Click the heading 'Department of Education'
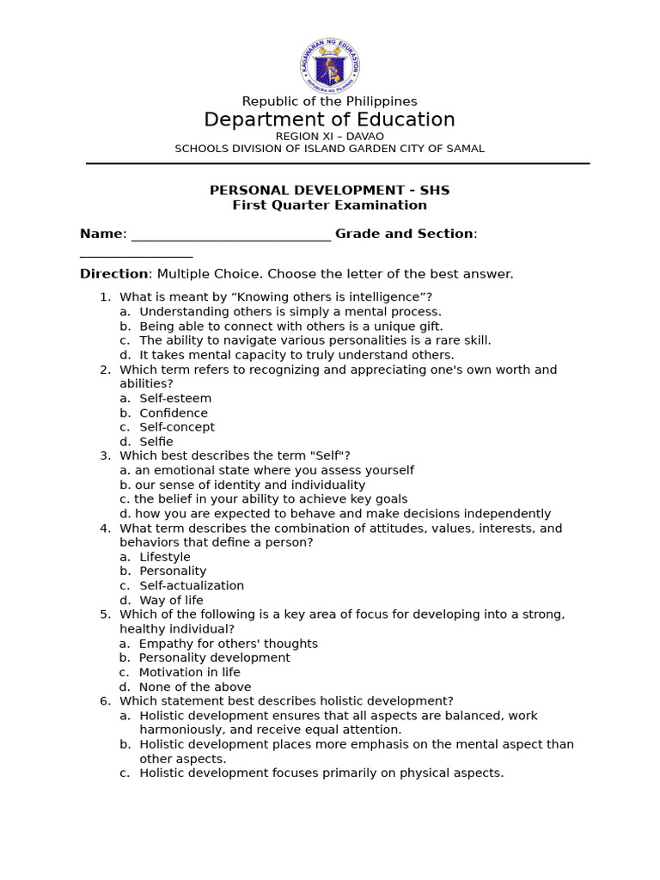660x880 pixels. (329, 120)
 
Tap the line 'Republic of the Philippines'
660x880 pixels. (329, 101)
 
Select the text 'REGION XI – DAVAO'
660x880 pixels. (329, 136)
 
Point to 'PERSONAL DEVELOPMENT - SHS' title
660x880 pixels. (329, 191)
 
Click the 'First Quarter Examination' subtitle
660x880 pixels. (329, 205)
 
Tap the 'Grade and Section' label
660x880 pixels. (404, 234)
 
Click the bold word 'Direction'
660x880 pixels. (113, 274)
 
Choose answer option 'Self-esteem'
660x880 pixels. (175, 399)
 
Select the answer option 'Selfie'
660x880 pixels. (156, 442)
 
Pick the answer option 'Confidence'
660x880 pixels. (174, 413)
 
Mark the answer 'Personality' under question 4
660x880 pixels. (173, 571)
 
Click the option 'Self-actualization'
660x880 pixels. (192, 586)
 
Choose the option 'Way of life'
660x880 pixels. (171, 601)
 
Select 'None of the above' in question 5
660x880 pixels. (195, 687)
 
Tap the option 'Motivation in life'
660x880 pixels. (189, 673)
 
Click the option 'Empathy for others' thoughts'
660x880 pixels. (228, 644)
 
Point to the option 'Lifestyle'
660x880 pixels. (165, 557)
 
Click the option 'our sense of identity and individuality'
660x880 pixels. (249, 486)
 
